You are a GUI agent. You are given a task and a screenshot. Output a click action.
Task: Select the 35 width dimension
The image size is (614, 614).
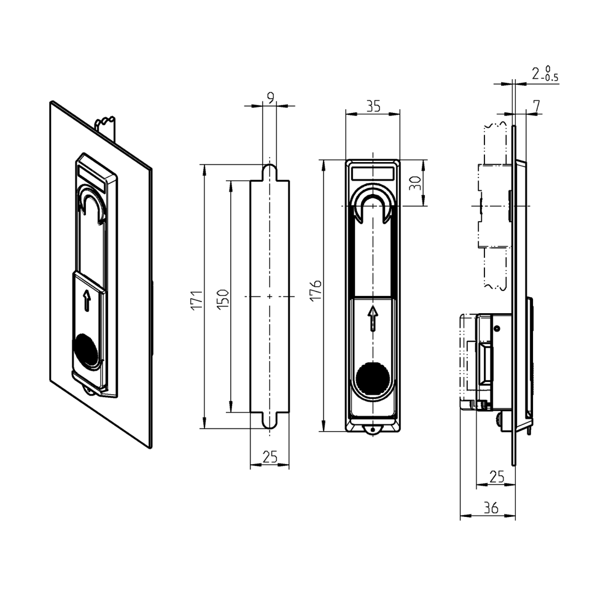pyautogui.click(x=373, y=106)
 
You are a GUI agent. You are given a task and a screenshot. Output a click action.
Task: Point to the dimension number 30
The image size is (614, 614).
pyautogui.click(x=415, y=183)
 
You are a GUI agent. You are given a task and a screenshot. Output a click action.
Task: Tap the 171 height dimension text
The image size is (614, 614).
pyautogui.click(x=196, y=300)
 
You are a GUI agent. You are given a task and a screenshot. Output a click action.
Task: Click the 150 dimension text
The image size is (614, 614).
pyautogui.click(x=223, y=298)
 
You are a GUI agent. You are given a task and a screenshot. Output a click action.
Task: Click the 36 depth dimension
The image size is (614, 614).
pyautogui.click(x=489, y=507)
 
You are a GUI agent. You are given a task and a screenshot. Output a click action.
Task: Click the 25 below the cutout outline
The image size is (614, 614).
pyautogui.click(x=270, y=457)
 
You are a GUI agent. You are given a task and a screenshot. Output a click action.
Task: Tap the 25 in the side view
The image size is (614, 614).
pyautogui.click(x=496, y=476)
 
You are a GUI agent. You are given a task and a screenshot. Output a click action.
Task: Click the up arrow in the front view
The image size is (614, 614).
pyautogui.click(x=372, y=318)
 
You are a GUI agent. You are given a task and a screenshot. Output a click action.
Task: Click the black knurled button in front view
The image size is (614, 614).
pyautogui.click(x=372, y=378)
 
